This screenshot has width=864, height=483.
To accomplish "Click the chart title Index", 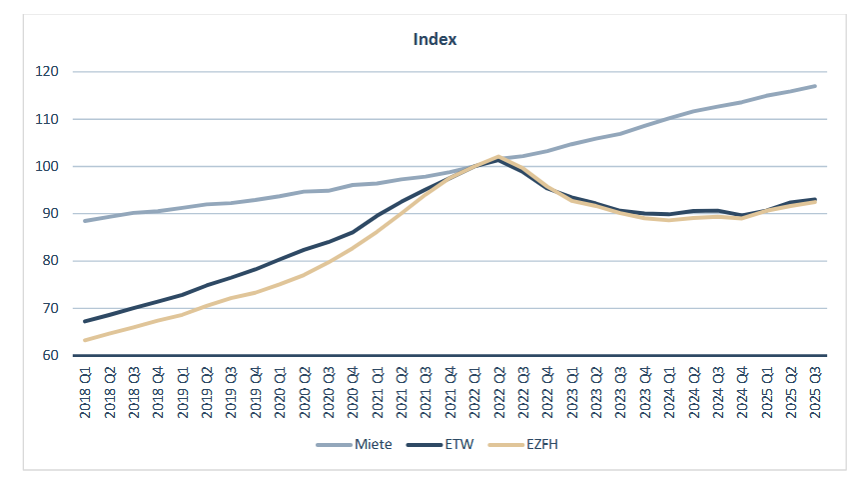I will coord(435,40).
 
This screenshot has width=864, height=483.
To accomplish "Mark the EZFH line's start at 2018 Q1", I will coord(86,340).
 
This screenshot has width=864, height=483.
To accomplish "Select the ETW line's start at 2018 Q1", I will coord(86,321).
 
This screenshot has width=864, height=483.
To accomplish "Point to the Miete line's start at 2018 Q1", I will coord(86,221).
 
